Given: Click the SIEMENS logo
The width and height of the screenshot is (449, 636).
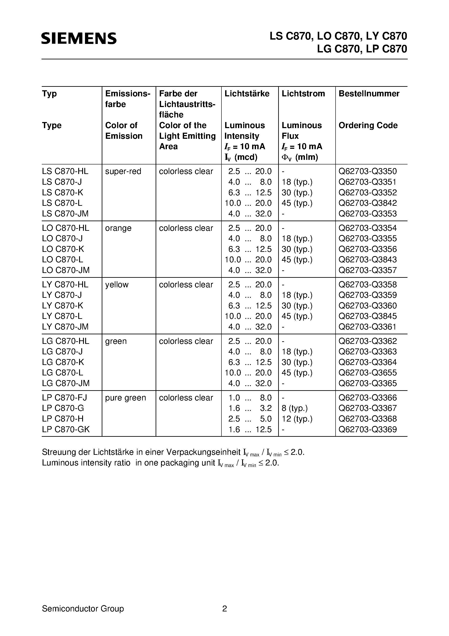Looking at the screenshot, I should click(79, 38).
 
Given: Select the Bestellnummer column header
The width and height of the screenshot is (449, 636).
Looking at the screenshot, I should click(369, 94).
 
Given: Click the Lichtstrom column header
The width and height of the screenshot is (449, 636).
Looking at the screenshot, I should click(303, 94).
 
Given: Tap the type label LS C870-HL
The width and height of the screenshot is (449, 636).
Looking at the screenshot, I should click(65, 171).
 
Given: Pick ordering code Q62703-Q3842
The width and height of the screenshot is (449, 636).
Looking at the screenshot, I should click(368, 203).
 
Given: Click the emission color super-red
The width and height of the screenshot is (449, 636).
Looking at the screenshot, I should click(123, 171).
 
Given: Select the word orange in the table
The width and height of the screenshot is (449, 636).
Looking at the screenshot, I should click(118, 228).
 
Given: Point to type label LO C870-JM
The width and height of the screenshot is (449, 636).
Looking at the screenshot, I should click(66, 270).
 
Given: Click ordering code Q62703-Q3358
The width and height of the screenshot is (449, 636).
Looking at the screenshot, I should click(368, 285).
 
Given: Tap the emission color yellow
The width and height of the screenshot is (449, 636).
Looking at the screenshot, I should click(117, 285).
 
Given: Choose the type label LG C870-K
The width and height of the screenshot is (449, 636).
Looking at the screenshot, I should click(63, 362).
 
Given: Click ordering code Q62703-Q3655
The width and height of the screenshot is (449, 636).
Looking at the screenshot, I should click(368, 373).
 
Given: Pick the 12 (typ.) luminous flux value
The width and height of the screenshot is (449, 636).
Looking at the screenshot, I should click(297, 419).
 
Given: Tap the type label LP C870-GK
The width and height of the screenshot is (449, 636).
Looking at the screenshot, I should click(66, 429).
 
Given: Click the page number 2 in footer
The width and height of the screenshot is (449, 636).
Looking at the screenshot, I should click(224, 609).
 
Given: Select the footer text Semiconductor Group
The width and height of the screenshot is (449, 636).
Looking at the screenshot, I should click(83, 609).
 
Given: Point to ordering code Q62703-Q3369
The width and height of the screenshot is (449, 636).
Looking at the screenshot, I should click(368, 429).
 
